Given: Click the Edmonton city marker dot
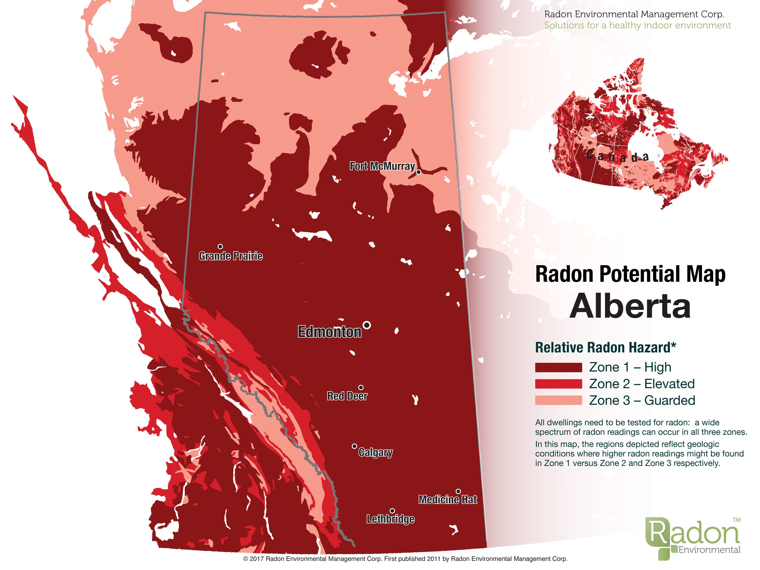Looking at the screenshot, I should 367,325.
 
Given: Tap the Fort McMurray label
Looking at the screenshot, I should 382,166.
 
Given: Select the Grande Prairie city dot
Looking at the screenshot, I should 220,246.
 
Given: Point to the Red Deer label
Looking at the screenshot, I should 347,396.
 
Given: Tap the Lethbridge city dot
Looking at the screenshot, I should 392,511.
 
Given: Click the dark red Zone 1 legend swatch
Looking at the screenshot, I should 558,367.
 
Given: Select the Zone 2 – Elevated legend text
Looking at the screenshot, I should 641,384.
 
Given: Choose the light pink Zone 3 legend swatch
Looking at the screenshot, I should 558,400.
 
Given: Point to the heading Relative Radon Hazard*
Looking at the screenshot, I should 605,347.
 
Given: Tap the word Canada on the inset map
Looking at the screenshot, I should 617,157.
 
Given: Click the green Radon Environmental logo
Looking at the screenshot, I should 692,538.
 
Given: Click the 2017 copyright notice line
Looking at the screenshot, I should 405,559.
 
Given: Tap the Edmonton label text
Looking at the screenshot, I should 329,332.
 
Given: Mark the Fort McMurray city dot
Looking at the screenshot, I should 418,172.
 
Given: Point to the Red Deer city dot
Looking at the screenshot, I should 361,388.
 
